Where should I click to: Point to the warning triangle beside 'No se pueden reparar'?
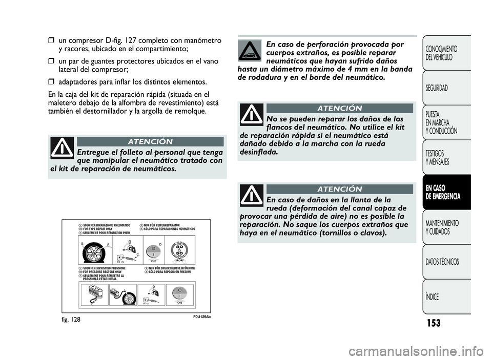pos(251,114)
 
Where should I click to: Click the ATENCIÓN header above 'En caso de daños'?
pos(339,189)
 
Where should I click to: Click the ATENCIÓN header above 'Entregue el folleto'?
pos(150,141)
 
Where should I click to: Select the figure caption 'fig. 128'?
pos(60,318)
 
